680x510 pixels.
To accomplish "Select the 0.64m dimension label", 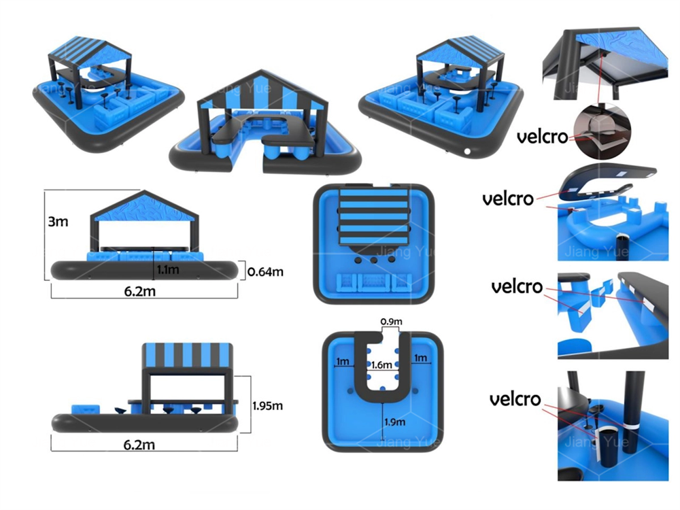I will (265, 271).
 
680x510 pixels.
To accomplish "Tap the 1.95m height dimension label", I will (267, 406).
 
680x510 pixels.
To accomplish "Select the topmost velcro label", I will (542, 137).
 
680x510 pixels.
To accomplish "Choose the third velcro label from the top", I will (517, 286).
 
